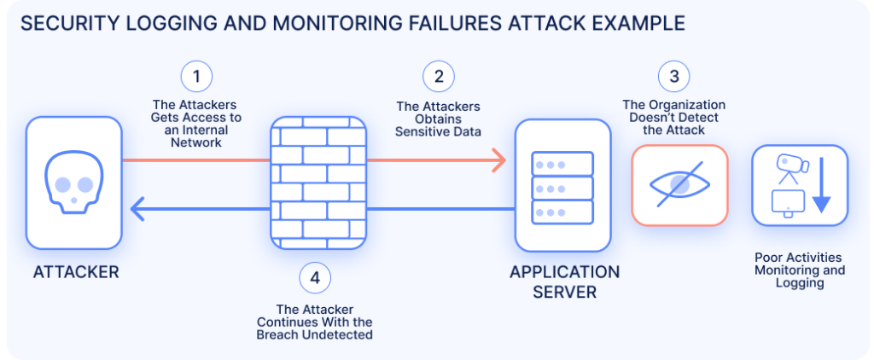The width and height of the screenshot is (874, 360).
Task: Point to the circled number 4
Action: coord(315,277)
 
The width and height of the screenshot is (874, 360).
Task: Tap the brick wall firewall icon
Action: coord(318,183)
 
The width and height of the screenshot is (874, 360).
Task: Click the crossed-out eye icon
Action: coord(679,184)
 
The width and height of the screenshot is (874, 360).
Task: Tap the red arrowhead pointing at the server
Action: coord(497,160)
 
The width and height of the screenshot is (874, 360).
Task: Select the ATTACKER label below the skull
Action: coord(76,273)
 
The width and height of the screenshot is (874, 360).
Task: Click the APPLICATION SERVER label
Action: coord(564,282)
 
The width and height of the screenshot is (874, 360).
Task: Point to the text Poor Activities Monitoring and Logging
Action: coord(800,270)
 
